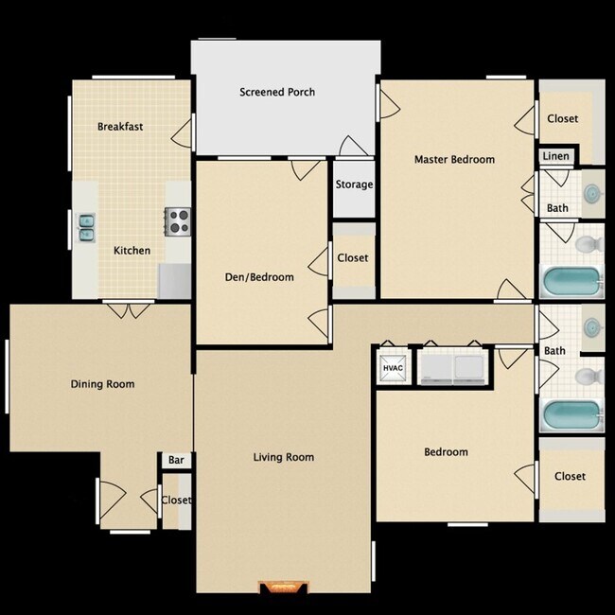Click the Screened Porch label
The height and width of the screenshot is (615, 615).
point(276,93)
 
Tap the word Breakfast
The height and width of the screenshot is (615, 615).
point(120,127)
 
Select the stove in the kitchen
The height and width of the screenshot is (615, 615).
point(178,220)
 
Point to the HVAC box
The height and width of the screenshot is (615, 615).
point(393,367)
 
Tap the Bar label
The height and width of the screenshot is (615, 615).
point(176,461)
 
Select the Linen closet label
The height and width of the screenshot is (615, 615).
point(556,156)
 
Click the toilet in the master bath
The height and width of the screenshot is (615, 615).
point(588,245)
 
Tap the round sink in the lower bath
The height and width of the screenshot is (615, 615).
point(592,327)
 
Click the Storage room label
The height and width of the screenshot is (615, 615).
point(354,184)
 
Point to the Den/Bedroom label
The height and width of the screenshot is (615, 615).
point(258,277)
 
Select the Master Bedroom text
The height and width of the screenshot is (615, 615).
point(454,160)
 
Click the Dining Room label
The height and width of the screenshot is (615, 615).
point(102,384)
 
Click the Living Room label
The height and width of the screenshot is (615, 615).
point(284,458)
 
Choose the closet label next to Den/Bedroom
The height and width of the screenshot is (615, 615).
point(353,257)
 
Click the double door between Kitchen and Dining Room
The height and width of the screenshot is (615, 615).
point(129,307)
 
